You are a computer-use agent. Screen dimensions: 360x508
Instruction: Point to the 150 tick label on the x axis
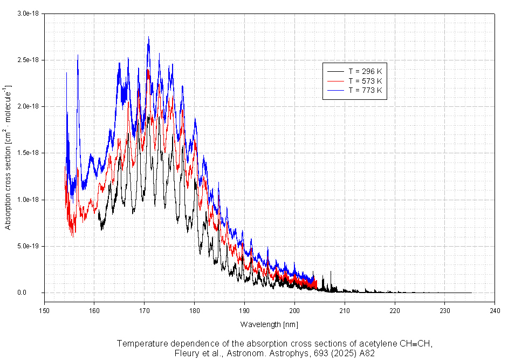tap(44, 310)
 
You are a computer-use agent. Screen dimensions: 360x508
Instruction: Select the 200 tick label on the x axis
tap(294, 310)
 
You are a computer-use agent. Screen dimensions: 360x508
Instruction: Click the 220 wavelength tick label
tap(395, 310)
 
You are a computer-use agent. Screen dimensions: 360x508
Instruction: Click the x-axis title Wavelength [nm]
tap(269, 324)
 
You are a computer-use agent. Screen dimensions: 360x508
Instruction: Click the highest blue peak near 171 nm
tap(148, 37)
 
